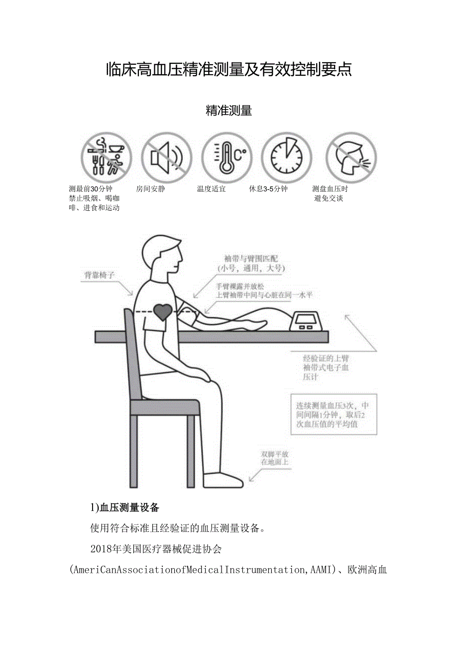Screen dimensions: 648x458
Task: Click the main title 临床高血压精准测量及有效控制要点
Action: [229, 70]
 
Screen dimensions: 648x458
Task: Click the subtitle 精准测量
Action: [229, 111]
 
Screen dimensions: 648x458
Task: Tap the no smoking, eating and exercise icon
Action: [107, 157]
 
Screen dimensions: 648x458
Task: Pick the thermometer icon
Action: [227, 157]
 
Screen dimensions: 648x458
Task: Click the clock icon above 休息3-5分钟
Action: [286, 157]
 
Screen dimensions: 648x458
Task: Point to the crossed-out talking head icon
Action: [351, 157]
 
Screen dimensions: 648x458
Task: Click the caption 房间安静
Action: [150, 189]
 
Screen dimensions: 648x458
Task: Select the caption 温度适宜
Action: [211, 189]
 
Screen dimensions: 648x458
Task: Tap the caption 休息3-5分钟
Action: [268, 189]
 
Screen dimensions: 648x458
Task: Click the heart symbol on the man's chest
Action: [162, 312]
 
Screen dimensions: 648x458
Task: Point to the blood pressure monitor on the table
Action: [309, 322]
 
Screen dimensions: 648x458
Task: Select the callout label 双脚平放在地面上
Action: [275, 458]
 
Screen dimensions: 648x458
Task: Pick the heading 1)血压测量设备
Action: [124, 508]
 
